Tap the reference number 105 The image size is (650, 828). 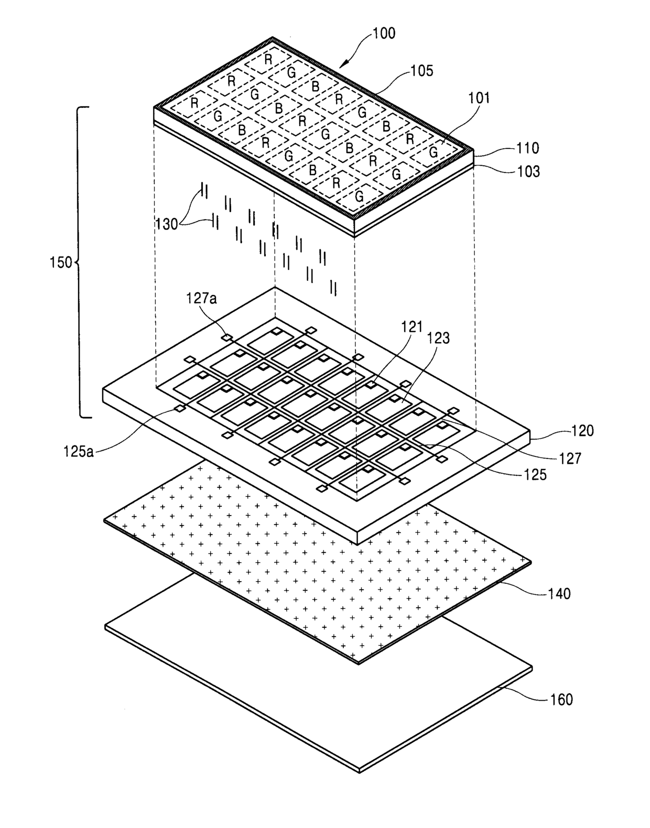point(422,71)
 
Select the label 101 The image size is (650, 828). point(479,98)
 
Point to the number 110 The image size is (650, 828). point(527,148)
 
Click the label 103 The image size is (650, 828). point(528,171)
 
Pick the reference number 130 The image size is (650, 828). point(167,224)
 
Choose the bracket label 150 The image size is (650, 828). point(61,263)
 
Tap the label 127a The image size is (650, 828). point(201,299)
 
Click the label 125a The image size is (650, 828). point(79,451)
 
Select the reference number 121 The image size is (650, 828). point(412,327)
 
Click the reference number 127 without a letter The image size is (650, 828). point(570,458)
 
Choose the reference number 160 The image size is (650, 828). point(561,699)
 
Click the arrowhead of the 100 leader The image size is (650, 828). point(340,66)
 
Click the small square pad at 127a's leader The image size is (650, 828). point(226,337)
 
